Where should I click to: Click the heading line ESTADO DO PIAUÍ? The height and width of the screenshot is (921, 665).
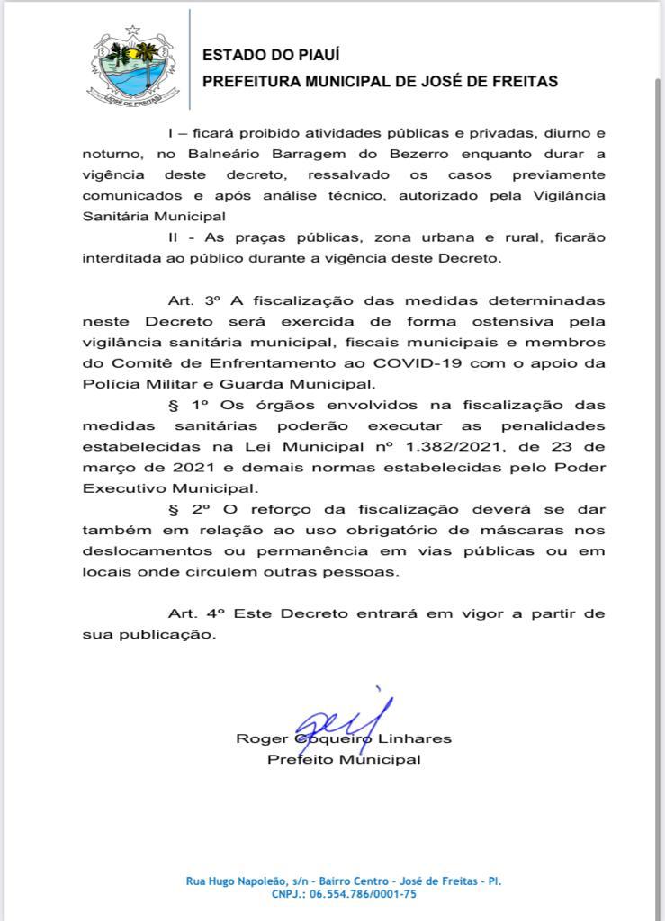tap(257, 55)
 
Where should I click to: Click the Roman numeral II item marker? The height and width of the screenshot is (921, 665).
tap(175, 237)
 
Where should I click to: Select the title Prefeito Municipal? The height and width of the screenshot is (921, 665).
tap(344, 759)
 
